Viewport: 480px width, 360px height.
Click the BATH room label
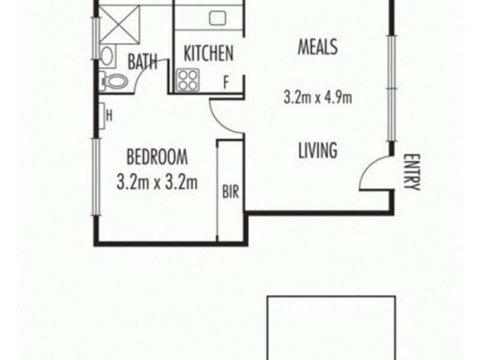(x=142, y=61)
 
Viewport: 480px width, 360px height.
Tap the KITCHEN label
(x=208, y=54)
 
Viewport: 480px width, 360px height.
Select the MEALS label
(x=317, y=47)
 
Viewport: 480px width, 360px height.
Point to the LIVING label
(x=317, y=150)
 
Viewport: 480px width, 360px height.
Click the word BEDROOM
(x=157, y=158)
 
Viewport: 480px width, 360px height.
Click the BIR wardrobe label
(x=230, y=193)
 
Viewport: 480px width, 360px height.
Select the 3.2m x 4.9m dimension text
(x=317, y=97)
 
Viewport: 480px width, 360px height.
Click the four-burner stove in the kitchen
(x=188, y=80)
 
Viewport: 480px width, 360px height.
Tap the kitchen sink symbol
(x=217, y=18)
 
